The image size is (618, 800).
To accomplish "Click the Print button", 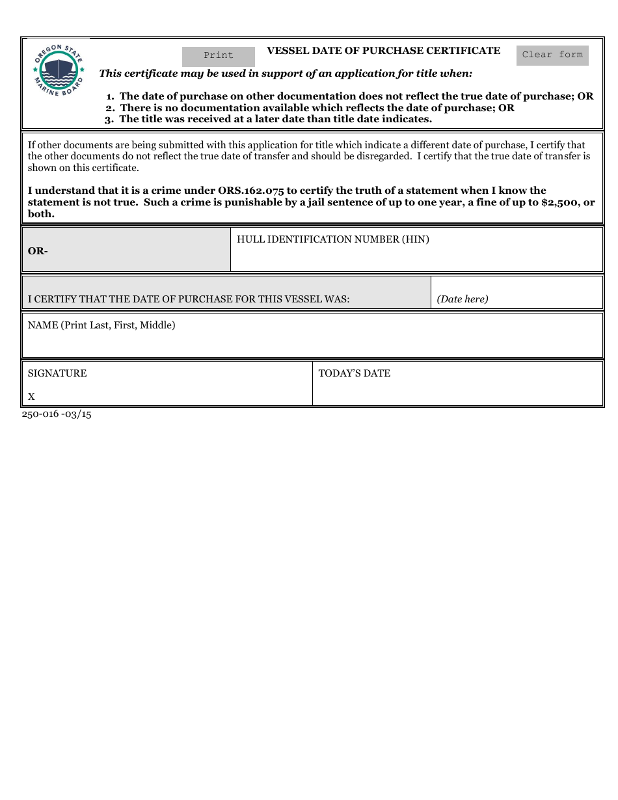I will (x=218, y=56).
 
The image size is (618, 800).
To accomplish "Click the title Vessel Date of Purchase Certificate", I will (x=383, y=51).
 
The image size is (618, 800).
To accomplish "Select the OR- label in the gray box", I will (x=38, y=251).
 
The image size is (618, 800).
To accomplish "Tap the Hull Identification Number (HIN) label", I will (x=332, y=239).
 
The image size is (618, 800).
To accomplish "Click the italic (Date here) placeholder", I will (x=462, y=299).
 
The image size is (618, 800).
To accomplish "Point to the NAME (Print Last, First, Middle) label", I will (x=101, y=325).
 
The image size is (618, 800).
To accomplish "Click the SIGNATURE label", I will (x=57, y=373).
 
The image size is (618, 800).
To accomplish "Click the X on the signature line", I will (x=31, y=397).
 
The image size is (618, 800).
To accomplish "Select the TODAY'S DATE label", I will (x=354, y=373).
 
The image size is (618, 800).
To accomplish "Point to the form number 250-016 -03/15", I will (x=57, y=414).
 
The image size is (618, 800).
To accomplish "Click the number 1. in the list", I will (x=111, y=96).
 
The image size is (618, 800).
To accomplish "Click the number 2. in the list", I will (x=110, y=108).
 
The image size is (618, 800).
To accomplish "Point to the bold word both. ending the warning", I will (x=41, y=214).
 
